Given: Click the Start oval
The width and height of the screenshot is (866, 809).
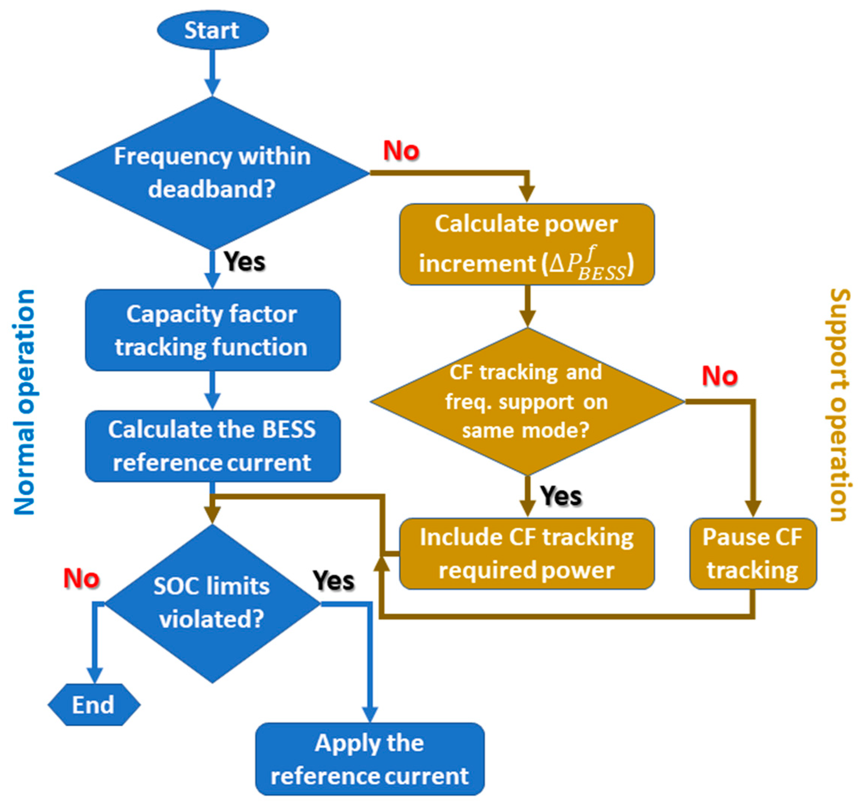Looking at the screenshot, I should (213, 30).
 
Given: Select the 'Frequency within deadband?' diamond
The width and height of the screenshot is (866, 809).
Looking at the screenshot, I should (212, 173).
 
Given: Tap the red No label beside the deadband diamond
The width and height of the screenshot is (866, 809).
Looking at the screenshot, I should (401, 151).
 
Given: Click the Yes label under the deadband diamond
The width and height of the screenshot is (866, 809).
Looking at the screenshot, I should (245, 261).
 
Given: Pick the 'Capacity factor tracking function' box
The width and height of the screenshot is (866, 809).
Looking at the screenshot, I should (212, 330).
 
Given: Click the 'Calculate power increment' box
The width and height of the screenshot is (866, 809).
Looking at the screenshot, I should (527, 244).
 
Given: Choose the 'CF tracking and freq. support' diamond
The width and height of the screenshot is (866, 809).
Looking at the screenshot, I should (527, 401).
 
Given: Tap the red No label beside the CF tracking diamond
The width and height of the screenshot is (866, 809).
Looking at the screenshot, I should (719, 376).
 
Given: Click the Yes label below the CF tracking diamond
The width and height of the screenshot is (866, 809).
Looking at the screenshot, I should (561, 496).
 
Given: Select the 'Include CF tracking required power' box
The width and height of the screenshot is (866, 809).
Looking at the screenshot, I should (527, 554).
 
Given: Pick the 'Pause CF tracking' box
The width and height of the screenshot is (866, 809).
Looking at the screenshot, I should (753, 554).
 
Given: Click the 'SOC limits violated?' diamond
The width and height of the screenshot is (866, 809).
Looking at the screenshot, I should (212, 603).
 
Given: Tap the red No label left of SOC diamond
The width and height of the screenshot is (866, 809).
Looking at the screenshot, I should (82, 578).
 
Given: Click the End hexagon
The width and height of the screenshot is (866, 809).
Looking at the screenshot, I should (94, 705).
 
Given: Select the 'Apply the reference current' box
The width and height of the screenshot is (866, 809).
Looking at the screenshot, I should (370, 759).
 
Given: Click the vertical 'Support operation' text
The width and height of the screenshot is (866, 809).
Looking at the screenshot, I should (840, 404).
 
